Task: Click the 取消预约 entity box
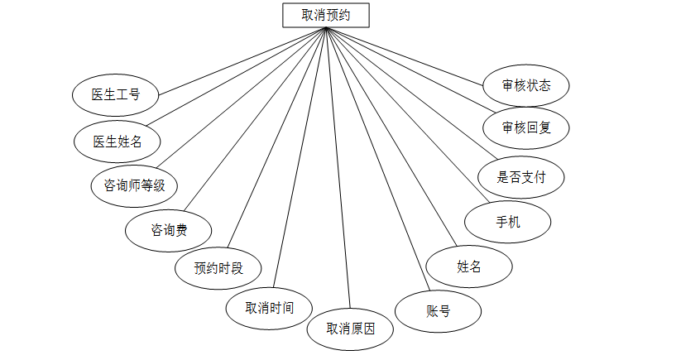pos(325,15)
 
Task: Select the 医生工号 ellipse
pos(116,94)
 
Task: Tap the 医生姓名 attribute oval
pos(117,141)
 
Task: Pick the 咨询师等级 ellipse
pos(134,185)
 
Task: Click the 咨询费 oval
pos(169,229)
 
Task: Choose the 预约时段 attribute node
pos(218,268)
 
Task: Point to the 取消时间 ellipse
pos(269,308)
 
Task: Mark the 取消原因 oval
pos(350,329)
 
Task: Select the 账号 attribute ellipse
pos(438,311)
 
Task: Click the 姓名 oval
pos(469,266)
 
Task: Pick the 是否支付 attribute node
pos(520,176)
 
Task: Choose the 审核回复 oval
pos(526,127)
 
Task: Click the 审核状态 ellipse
pos(526,84)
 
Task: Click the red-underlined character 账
pos(431,311)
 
